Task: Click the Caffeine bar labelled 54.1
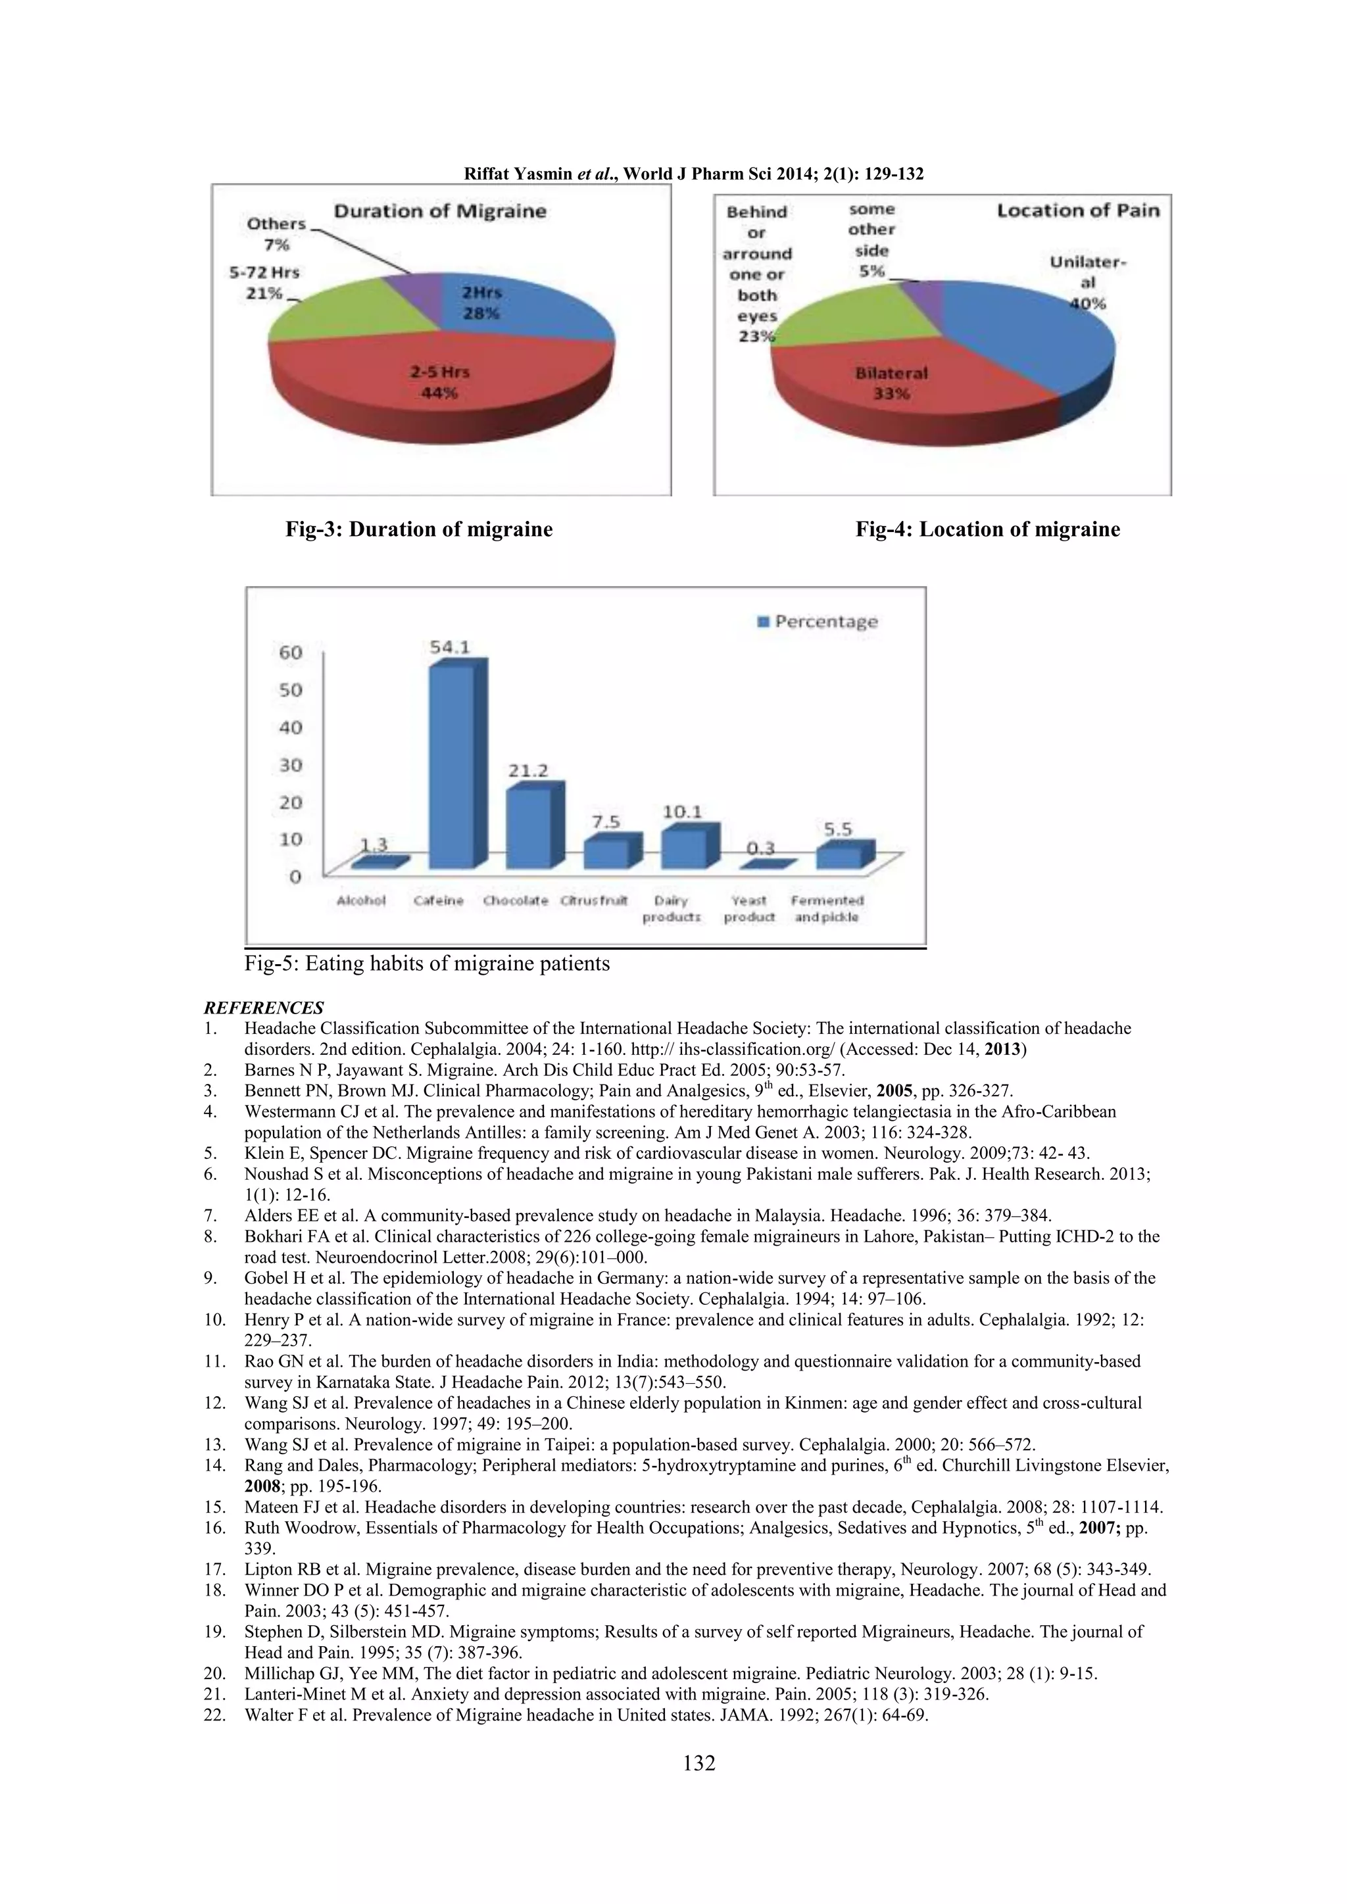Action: tap(452, 767)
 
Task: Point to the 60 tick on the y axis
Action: tap(290, 652)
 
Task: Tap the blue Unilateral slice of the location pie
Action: tap(1037, 331)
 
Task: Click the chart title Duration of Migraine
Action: tap(439, 212)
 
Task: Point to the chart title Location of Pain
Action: tap(1077, 210)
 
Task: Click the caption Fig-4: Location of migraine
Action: tap(987, 529)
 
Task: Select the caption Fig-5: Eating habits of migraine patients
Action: tap(427, 963)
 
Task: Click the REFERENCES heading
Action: tap(264, 1008)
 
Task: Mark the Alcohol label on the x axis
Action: tap(361, 900)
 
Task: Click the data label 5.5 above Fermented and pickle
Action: tap(838, 829)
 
